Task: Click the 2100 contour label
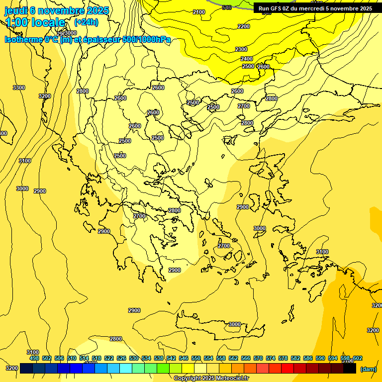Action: pyautogui.click(x=199, y=12)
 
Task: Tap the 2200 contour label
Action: pyautogui.click(x=244, y=26)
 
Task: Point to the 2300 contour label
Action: pyautogui.click(x=241, y=49)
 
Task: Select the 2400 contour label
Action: pyautogui.click(x=247, y=59)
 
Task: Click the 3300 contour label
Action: pyautogui.click(x=19, y=88)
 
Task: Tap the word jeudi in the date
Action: pyautogui.click(x=16, y=10)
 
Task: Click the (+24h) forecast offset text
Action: pyautogui.click(x=86, y=22)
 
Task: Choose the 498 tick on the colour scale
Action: pyautogui.click(x=34, y=358)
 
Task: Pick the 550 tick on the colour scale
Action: pyautogui.click(x=196, y=358)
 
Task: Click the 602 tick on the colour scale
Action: pyautogui.click(x=358, y=358)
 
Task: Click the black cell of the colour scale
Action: pyautogui.click(x=350, y=369)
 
